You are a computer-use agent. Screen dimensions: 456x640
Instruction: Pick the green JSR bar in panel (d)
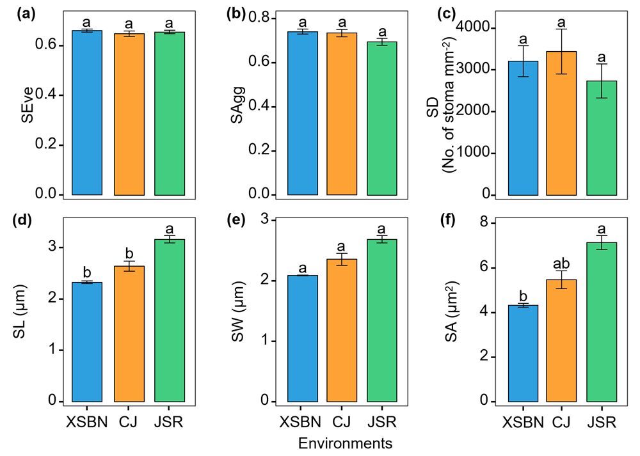tap(170, 320)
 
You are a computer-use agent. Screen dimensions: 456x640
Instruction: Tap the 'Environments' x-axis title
tap(346, 443)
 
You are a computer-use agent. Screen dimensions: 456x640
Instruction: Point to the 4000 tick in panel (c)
tap(482, 28)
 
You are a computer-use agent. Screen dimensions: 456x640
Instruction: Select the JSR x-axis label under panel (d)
tap(170, 422)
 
